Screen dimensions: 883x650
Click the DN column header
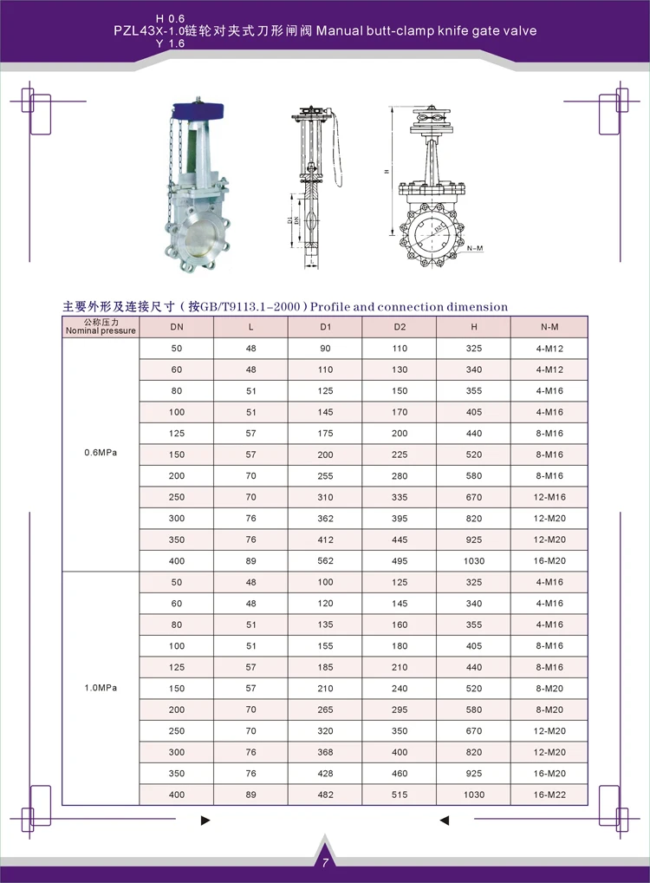[177, 327]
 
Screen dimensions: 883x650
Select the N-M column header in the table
[549, 327]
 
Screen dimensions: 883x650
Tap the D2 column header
[400, 327]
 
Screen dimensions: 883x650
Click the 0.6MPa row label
[100, 454]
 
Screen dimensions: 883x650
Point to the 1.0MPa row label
[100, 688]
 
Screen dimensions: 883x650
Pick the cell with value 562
[325, 561]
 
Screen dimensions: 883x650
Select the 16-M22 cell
[549, 795]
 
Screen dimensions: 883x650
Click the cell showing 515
[400, 795]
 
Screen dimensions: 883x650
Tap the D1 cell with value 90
[325, 349]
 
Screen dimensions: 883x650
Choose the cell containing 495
[400, 561]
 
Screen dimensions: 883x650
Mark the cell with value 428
[325, 774]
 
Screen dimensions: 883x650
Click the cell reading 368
[325, 752]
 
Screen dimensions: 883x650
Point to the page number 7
[324, 863]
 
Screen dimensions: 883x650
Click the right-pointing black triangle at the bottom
[205, 820]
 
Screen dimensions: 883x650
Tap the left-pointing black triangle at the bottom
[444, 820]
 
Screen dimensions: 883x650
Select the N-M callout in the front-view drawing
[474, 249]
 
